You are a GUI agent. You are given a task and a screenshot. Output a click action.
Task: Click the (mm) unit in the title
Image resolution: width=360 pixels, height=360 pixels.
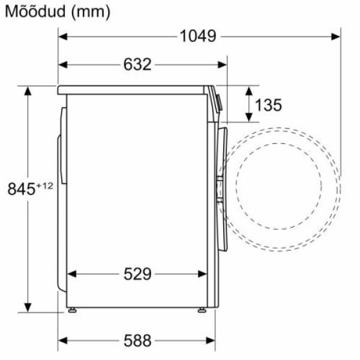[x=91, y=12]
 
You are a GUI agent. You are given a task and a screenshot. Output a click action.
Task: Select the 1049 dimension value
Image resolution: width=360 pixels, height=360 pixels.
[x=197, y=36]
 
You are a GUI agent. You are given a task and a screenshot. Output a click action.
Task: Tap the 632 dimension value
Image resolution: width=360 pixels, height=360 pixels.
[x=137, y=64]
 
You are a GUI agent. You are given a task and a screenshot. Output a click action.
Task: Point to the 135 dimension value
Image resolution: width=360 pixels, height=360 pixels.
[x=268, y=105]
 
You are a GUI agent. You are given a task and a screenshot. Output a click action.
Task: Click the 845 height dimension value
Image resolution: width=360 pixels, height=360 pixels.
[x=22, y=189]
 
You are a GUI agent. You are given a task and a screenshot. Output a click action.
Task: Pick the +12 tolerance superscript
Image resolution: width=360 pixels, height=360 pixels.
[x=44, y=185]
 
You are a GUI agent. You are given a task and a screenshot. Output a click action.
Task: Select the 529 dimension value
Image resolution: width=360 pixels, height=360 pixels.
[x=137, y=274]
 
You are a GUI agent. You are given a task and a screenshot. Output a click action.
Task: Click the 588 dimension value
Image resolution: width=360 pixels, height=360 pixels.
[x=137, y=340]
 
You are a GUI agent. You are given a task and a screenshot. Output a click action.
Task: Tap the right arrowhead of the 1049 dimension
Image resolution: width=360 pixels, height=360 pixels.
[x=336, y=37]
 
